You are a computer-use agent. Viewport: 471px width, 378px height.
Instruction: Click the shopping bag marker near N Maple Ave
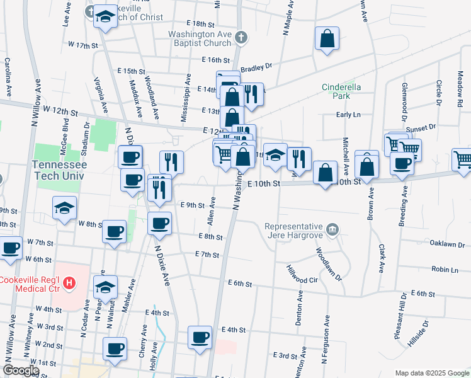click(x=327, y=38)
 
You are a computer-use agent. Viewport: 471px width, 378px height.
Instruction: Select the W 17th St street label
click(x=87, y=45)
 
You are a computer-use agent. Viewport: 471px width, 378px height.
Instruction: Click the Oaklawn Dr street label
click(x=447, y=244)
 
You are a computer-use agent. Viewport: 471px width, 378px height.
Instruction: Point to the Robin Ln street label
click(x=445, y=269)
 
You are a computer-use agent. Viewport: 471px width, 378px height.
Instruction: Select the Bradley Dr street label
click(x=255, y=66)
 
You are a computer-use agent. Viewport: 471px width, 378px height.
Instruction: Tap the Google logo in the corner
click(x=21, y=370)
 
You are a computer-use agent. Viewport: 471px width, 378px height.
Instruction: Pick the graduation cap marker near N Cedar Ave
click(x=105, y=287)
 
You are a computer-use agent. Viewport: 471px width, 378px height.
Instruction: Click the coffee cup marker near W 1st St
click(x=115, y=349)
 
